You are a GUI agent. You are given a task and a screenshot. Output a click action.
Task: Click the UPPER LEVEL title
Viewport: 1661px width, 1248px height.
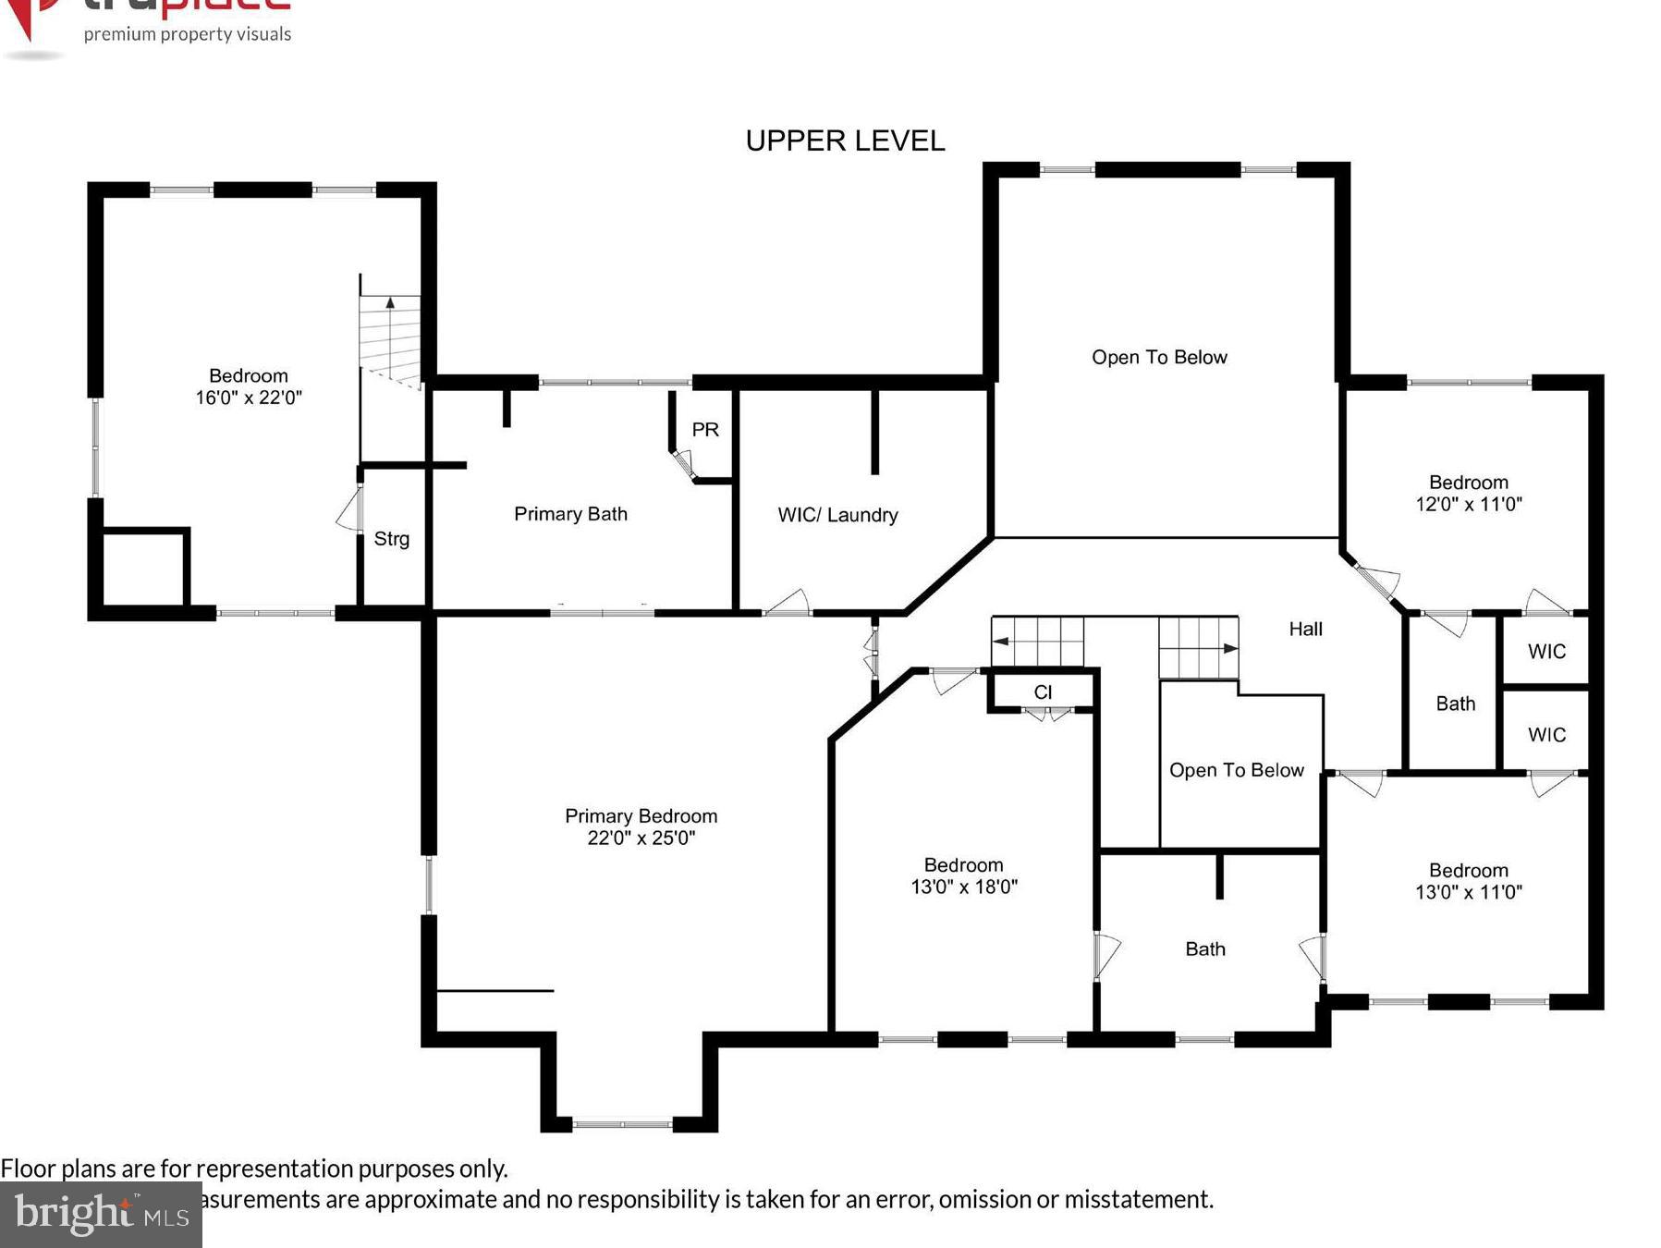click(x=845, y=141)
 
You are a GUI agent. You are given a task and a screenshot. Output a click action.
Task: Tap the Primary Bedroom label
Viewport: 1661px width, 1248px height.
click(x=641, y=815)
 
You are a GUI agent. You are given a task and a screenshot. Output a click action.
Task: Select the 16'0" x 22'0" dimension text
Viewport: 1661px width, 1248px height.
click(x=249, y=398)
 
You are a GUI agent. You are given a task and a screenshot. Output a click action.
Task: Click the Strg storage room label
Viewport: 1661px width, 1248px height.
click(x=391, y=538)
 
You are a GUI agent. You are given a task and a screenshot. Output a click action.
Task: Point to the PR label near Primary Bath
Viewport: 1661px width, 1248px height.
click(x=705, y=429)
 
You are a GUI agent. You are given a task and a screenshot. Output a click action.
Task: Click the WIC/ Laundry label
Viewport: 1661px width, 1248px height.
click(x=837, y=515)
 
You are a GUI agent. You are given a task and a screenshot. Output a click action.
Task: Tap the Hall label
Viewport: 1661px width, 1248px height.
click(x=1305, y=629)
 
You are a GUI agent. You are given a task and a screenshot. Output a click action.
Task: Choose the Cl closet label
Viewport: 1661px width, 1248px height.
click(x=1043, y=691)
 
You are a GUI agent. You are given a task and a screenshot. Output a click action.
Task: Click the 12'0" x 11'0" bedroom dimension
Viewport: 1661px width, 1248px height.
click(x=1468, y=504)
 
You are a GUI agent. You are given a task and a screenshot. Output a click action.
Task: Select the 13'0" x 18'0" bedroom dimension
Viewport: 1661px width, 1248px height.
click(x=963, y=887)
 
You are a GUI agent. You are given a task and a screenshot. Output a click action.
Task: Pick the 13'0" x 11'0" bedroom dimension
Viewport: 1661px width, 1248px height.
click(x=1468, y=892)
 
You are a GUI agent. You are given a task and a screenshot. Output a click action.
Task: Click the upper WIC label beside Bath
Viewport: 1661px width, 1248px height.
click(x=1546, y=651)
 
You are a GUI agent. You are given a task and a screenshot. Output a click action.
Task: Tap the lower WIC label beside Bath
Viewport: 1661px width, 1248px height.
click(x=1546, y=734)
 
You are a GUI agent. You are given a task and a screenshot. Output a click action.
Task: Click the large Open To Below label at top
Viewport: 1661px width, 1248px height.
click(x=1159, y=357)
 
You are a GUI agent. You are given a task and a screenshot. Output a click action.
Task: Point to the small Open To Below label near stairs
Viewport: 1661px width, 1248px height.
click(x=1236, y=770)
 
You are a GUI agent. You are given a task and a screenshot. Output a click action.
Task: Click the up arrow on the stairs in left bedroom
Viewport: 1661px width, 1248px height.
click(x=390, y=302)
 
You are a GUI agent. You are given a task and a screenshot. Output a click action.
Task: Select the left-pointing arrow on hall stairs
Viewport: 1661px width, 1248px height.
click(x=1000, y=641)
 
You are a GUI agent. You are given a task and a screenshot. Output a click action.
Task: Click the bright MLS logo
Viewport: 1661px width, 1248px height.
click(x=101, y=1213)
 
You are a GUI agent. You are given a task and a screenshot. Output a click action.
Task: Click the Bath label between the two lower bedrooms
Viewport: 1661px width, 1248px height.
click(x=1204, y=948)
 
